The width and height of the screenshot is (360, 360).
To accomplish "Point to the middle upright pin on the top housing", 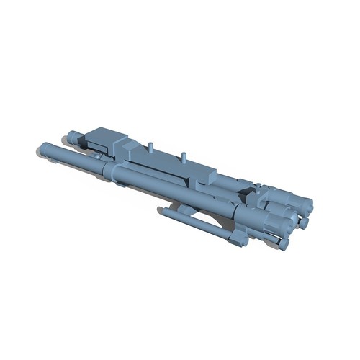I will point(186,155).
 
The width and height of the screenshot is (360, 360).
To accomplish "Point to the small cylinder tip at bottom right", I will point(284,245).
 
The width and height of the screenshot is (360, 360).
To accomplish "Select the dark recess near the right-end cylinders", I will point(247,192).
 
